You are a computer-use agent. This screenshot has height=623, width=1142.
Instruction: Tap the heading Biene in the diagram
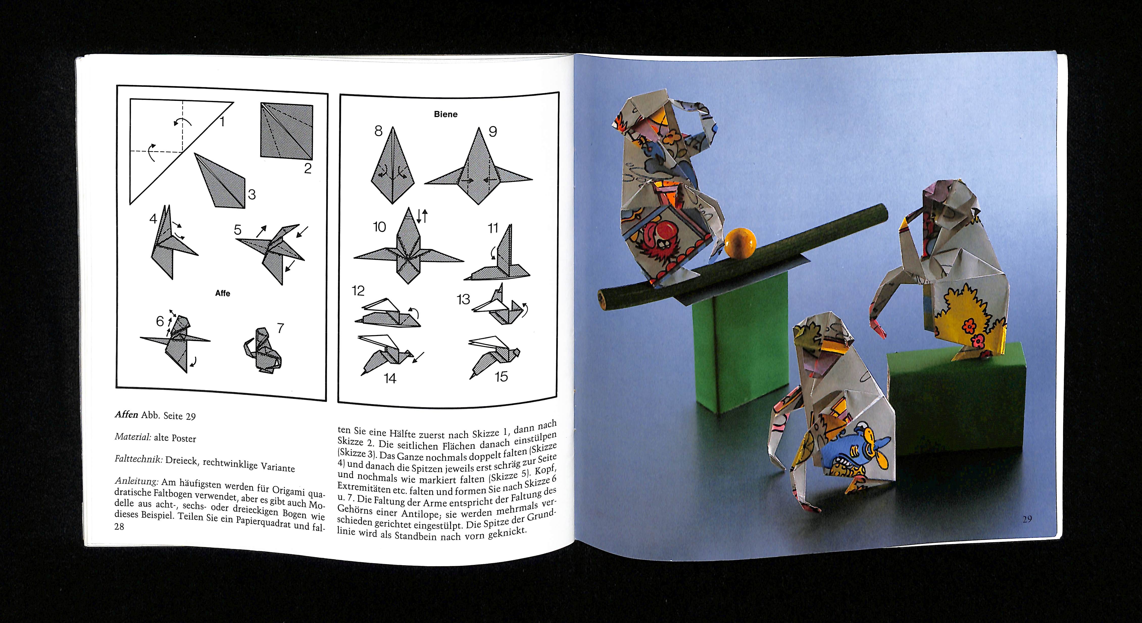(445, 114)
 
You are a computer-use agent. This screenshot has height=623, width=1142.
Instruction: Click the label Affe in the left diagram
(222, 293)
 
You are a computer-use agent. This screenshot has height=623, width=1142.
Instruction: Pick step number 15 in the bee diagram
(501, 377)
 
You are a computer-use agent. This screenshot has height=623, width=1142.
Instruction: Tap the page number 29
(1027, 519)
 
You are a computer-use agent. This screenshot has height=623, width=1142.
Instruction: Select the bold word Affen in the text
(126, 414)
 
